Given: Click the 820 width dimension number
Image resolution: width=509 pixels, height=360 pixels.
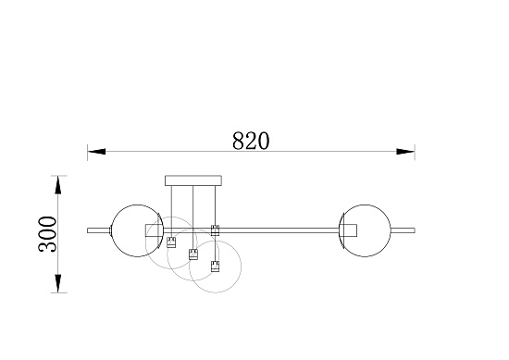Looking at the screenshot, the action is click(x=251, y=141).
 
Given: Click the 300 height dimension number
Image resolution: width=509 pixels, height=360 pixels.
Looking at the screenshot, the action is click(x=47, y=234).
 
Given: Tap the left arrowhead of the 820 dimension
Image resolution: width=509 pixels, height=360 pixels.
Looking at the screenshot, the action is click(x=96, y=152).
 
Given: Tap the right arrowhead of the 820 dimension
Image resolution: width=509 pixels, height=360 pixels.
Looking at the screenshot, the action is click(x=405, y=152).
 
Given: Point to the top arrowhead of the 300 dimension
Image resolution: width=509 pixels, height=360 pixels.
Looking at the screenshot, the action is click(x=57, y=185).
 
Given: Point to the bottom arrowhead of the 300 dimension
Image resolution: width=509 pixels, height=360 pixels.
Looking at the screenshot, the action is click(x=57, y=283).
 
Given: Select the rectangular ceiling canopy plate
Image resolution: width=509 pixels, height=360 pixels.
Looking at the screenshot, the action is click(x=193, y=180).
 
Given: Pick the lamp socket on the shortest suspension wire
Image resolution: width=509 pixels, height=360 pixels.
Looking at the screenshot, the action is click(x=171, y=242).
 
